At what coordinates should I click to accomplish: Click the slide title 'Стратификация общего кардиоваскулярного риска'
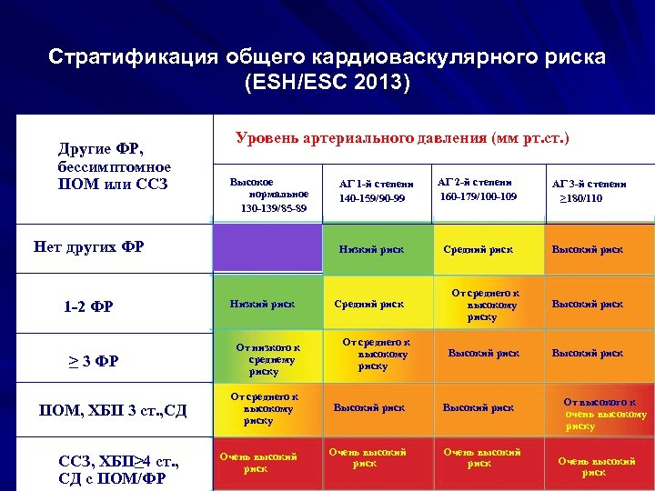(x=327, y=57)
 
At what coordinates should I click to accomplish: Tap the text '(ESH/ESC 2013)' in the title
(x=327, y=83)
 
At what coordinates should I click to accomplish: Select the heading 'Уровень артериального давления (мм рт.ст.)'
(x=402, y=139)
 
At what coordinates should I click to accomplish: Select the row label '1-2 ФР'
(x=88, y=306)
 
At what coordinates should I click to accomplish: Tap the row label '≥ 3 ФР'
(x=94, y=361)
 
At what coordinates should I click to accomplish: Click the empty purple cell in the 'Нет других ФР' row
(x=267, y=246)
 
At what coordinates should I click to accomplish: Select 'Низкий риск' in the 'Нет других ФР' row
(x=370, y=249)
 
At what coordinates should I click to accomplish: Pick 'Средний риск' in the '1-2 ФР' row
(x=370, y=304)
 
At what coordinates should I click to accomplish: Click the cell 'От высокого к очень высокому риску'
(x=599, y=413)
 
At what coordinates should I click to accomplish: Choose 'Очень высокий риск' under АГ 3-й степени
(x=597, y=466)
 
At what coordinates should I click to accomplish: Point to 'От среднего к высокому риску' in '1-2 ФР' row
(x=482, y=305)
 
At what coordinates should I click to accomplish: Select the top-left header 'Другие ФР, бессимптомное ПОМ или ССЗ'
(x=114, y=166)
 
